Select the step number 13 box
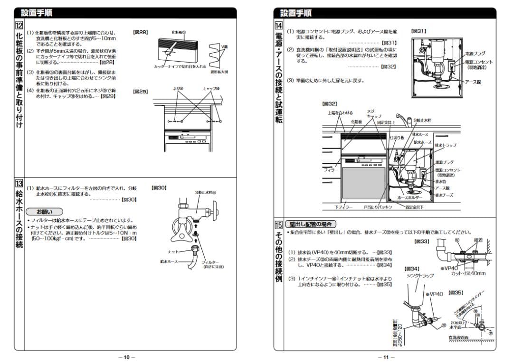click(x=19, y=184)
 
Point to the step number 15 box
click(x=278, y=224)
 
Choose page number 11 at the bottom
click(x=386, y=357)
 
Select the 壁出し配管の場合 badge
click(x=312, y=224)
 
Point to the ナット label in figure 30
click(x=173, y=251)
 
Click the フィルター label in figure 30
click(x=210, y=262)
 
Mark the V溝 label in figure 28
click(x=225, y=46)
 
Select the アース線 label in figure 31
click(x=473, y=82)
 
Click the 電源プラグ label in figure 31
click(x=475, y=54)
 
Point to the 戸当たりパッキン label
click(x=378, y=207)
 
